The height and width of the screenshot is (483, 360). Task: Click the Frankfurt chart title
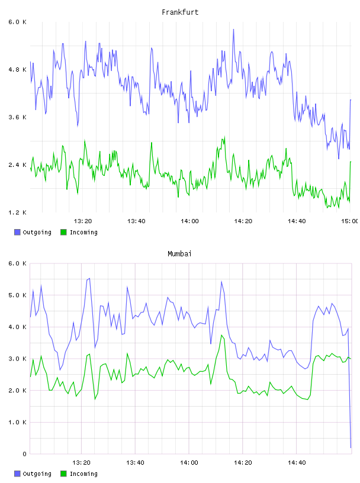pos(180,12)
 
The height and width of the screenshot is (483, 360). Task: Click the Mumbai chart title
pos(179,254)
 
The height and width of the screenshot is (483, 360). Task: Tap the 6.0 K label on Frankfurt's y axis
pos(18,22)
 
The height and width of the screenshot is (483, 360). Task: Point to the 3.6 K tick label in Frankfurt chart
pos(18,117)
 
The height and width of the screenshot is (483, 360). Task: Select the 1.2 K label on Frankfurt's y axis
pos(18,212)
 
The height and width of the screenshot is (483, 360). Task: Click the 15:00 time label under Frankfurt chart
pos(349,221)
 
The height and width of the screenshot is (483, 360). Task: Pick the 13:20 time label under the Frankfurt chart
pos(83,221)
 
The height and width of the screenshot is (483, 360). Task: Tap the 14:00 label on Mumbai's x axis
pos(189,462)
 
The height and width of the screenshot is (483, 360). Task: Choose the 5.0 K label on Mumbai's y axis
pos(18,295)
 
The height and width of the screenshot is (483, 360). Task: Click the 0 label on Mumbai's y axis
pos(24,454)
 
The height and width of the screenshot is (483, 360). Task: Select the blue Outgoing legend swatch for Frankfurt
pos(17,232)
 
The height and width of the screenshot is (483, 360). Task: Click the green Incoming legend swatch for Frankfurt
pos(63,232)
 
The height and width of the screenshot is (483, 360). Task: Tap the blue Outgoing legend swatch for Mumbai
pos(17,474)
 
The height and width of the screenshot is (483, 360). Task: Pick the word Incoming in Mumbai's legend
pos(83,474)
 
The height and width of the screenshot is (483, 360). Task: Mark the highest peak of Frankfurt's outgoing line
pos(234,30)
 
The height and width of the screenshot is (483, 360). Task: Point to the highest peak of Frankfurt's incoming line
pos(224,137)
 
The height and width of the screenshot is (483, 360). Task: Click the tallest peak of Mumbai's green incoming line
pos(221,335)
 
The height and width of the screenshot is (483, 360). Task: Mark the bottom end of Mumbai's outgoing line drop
pos(351,447)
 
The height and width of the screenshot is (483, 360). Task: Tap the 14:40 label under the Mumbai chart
pos(297,462)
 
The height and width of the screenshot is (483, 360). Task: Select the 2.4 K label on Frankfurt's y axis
pos(18,165)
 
